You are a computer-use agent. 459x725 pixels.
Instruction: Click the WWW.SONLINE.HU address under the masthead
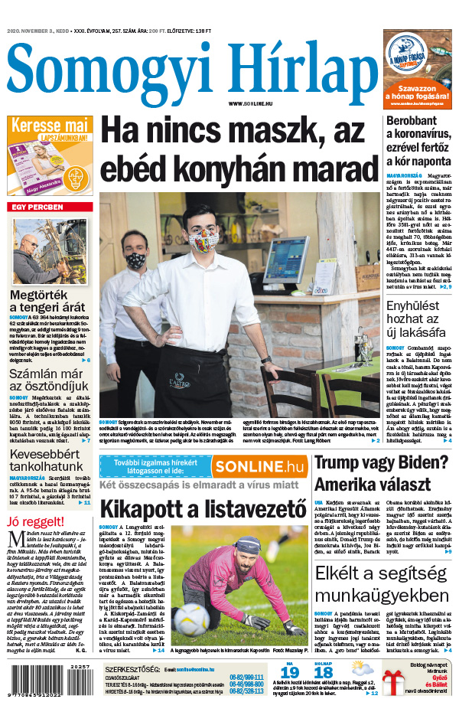point(250,103)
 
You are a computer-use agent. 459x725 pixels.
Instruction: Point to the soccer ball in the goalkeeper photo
point(190,619)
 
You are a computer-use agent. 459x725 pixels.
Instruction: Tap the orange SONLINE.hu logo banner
point(259,465)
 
